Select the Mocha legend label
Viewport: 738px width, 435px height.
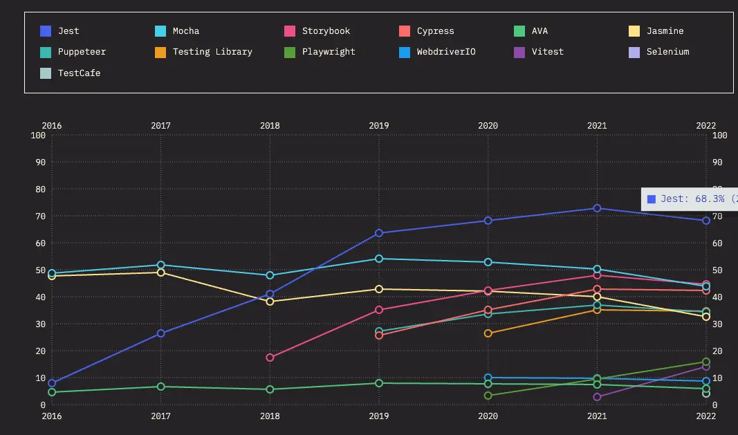tap(185, 31)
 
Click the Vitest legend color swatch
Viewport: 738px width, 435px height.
tap(519, 52)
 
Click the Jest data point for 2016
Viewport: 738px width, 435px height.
tap(52, 383)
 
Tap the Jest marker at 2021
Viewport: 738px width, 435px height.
tap(597, 208)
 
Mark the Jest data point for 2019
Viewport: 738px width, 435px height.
tap(379, 233)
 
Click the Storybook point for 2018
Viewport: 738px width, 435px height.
tap(270, 358)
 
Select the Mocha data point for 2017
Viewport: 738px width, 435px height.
tap(161, 265)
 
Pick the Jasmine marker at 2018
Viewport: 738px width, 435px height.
tap(270, 302)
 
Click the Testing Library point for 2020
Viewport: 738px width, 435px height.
tap(488, 333)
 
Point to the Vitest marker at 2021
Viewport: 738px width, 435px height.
tap(597, 397)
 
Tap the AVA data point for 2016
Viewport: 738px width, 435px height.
tap(52, 392)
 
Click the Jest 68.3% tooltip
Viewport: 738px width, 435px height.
tap(689, 199)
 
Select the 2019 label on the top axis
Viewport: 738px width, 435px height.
tap(379, 126)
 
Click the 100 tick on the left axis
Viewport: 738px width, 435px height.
tap(38, 136)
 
